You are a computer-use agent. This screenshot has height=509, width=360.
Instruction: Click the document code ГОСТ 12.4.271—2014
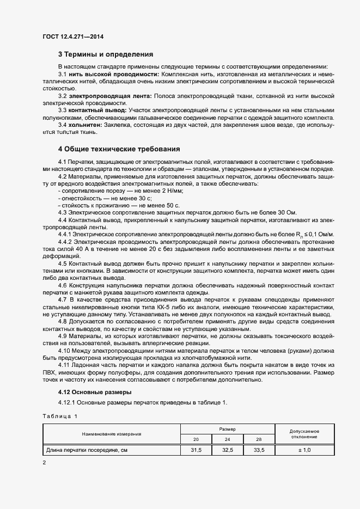pyautogui.click(x=72, y=37)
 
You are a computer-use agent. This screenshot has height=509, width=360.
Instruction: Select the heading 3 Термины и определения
pyautogui.click(x=105, y=54)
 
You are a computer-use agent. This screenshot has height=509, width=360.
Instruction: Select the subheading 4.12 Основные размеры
pyautogui.click(x=93, y=392)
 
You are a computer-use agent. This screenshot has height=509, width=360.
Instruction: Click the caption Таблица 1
pyautogui.click(x=60, y=416)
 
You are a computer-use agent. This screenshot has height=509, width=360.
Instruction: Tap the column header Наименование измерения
pyautogui.click(x=112, y=434)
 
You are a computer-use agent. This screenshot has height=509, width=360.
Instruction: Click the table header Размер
pyautogui.click(x=228, y=429)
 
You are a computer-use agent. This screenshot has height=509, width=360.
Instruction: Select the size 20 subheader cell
pyautogui.click(x=196, y=439)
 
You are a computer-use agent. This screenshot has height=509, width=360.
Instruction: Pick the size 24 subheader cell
pyautogui.click(x=228, y=439)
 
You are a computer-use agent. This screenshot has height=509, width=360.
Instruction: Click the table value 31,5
pyautogui.click(x=196, y=450)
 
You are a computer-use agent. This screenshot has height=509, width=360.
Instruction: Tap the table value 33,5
pyautogui.click(x=259, y=450)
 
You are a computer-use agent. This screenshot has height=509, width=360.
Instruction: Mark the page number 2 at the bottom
pyautogui.click(x=44, y=462)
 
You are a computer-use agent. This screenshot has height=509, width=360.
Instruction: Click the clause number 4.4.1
pyautogui.click(x=65, y=234)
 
